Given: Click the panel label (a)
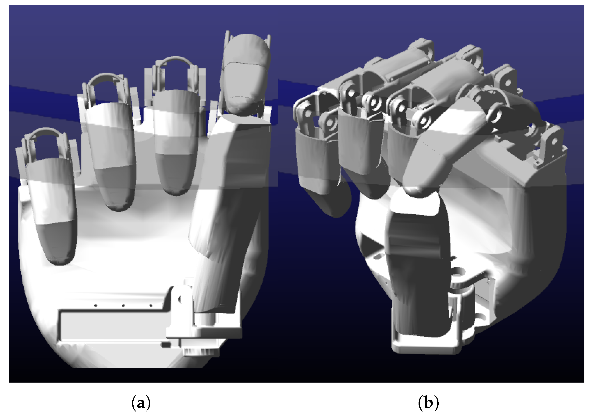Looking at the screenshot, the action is [141, 403].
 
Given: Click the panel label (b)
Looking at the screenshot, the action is [429, 403].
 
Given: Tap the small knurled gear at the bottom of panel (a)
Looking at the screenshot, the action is [202, 352].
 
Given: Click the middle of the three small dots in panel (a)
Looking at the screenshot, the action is [123, 305].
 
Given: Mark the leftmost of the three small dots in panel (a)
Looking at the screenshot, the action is [96, 305].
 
